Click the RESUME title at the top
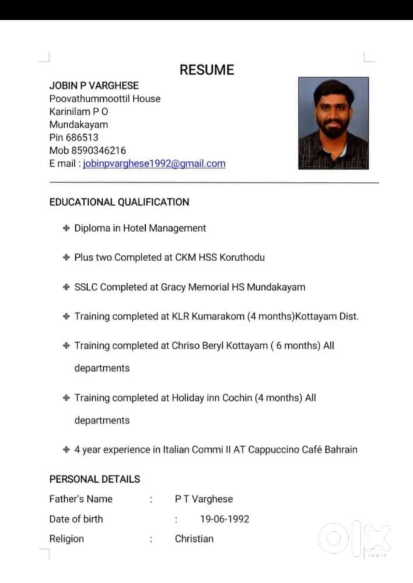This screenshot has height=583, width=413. [x=206, y=70]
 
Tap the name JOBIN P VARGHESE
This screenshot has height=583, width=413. [x=94, y=86]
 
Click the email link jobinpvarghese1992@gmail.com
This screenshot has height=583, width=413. [x=154, y=164]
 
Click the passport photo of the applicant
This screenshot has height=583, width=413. [x=333, y=123]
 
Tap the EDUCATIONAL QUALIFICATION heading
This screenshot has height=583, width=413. [x=119, y=202]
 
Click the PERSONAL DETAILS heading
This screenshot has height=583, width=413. [x=94, y=479]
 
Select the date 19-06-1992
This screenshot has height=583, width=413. [x=225, y=519]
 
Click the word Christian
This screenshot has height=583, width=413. [x=194, y=539]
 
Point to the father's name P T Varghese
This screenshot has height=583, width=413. [x=204, y=499]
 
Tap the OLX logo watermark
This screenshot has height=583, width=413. [x=354, y=538]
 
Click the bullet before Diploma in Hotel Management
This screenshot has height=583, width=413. [x=66, y=228]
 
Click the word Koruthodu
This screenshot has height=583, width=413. [x=242, y=257]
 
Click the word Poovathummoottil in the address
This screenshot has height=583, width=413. [x=89, y=99]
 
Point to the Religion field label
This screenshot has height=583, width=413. [x=66, y=539]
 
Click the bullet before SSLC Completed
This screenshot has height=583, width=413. [x=66, y=287]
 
